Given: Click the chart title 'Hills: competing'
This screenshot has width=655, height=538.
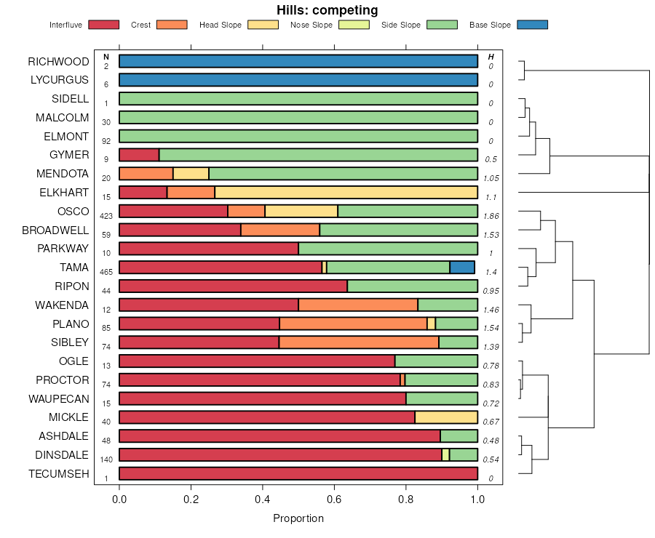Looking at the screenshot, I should [x=327, y=10].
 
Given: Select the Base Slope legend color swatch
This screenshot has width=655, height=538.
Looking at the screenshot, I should [x=532, y=25].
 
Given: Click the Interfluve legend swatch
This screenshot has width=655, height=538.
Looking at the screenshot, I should [x=103, y=25].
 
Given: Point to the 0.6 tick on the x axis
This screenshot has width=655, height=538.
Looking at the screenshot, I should [x=334, y=499].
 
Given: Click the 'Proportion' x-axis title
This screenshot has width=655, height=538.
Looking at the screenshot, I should [x=298, y=518].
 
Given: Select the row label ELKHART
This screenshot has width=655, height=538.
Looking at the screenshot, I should [x=64, y=193].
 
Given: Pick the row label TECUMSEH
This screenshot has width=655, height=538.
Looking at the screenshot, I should [x=59, y=474].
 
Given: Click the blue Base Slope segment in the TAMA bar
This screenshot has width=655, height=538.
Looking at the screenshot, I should [x=462, y=268].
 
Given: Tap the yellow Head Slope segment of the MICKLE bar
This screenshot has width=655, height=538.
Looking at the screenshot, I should [x=446, y=417].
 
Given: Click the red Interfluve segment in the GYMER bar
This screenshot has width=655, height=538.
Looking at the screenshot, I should [x=139, y=155].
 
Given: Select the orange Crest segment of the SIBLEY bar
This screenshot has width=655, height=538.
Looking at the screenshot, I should [x=359, y=342].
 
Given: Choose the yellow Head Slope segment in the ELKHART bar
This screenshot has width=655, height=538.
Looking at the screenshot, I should [x=346, y=193].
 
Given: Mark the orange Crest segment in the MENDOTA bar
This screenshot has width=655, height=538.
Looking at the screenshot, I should [x=146, y=174].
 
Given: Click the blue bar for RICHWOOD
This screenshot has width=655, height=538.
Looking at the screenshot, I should [x=298, y=61].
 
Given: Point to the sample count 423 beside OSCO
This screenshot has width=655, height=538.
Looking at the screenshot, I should [x=106, y=216].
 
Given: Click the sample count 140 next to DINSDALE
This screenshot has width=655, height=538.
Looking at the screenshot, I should [x=106, y=460].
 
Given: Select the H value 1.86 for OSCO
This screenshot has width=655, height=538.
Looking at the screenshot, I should [x=491, y=216].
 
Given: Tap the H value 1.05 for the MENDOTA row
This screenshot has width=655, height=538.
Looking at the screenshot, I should [x=491, y=178].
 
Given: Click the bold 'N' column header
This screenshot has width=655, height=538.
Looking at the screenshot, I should [x=106, y=57].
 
